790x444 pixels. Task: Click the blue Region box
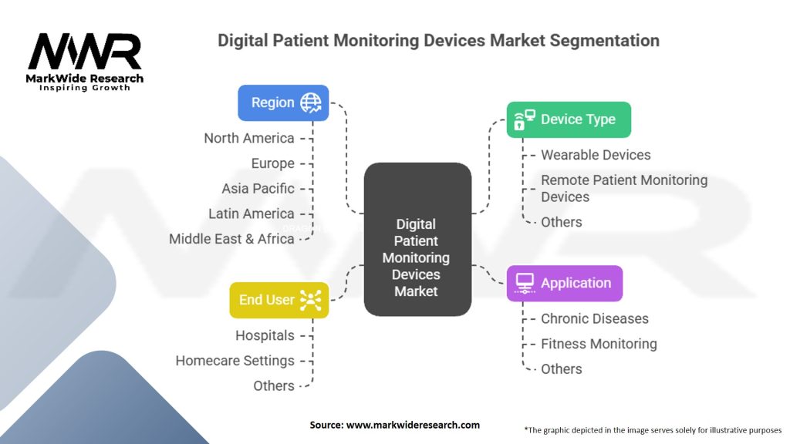[x=283, y=103]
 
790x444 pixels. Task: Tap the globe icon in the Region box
[x=311, y=103]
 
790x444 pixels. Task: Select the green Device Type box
[x=569, y=119]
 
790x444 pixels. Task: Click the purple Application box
[x=565, y=283]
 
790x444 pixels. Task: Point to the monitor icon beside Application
[x=525, y=283]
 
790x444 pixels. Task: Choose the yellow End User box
[x=279, y=300]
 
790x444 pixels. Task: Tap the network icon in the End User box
[x=311, y=300]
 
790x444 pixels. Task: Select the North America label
[x=249, y=138]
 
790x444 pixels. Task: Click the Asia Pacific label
[x=258, y=188]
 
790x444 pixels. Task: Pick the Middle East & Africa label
[x=231, y=239]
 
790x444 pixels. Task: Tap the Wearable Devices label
[x=596, y=155]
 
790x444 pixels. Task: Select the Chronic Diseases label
[x=595, y=318]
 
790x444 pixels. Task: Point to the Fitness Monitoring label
[x=599, y=344]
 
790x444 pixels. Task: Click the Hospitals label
[x=265, y=335]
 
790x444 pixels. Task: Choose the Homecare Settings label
[x=235, y=361]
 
